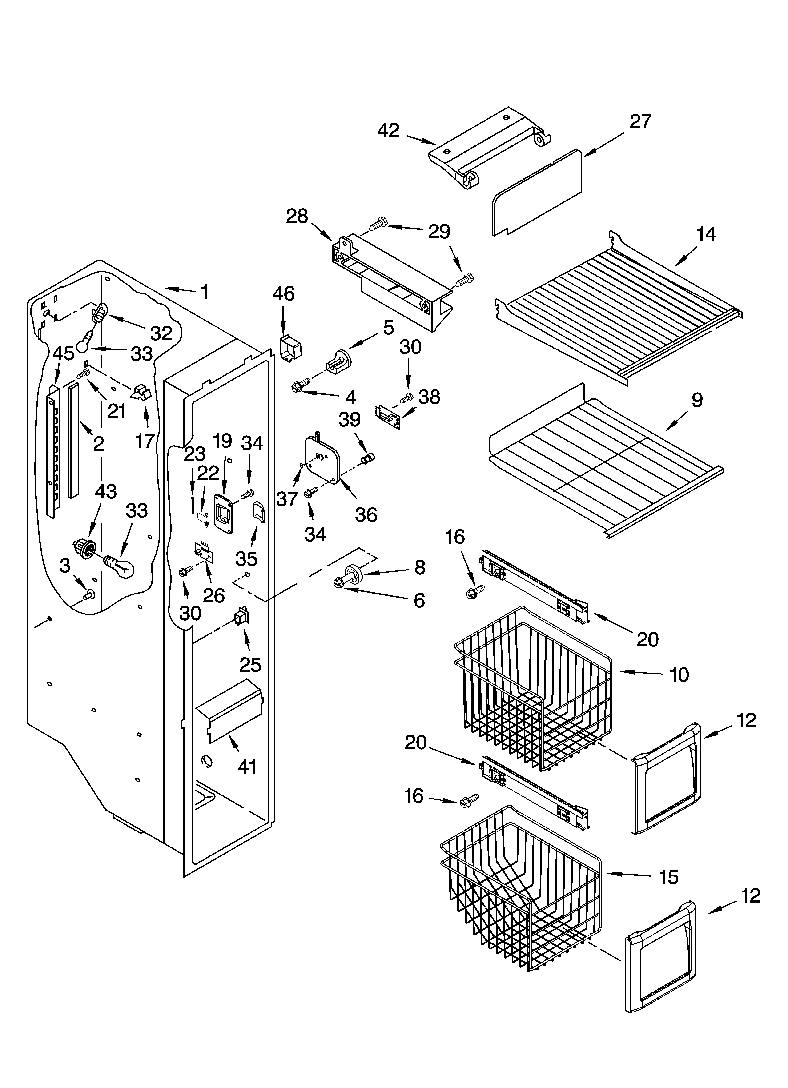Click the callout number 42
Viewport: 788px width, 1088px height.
tap(388, 130)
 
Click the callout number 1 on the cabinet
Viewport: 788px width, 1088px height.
tap(205, 292)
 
